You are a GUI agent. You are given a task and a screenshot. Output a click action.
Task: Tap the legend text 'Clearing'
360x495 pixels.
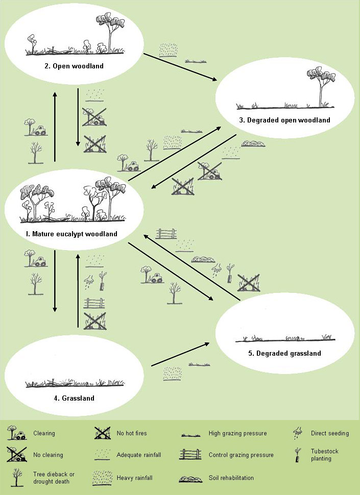pos(44,434)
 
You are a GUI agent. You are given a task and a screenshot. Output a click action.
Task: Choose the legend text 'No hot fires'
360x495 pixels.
pos(131,434)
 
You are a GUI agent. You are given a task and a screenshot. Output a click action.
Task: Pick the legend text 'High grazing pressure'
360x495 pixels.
pos(237,434)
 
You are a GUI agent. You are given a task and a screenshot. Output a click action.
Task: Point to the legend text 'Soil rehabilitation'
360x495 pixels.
pos(231,478)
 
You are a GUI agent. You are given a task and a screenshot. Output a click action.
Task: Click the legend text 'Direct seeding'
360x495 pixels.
pos(330,434)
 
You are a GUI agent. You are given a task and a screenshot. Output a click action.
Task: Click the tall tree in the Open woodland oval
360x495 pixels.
pos(109,31)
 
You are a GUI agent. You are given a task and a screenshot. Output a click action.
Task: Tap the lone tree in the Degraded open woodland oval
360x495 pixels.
pos(321,87)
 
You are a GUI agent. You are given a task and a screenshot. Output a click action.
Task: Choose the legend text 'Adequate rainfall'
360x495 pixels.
pos(139,455)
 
